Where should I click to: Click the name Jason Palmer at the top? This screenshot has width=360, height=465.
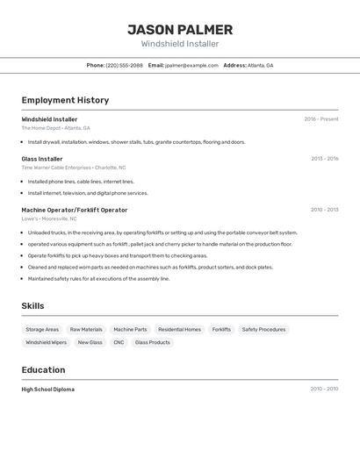[x=180, y=30]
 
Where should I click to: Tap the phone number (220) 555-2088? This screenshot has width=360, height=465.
[x=124, y=65]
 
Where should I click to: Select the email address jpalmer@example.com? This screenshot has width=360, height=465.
[x=191, y=65]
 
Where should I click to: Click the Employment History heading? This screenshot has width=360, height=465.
[x=65, y=100]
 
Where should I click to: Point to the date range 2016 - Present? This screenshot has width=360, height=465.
[x=320, y=118]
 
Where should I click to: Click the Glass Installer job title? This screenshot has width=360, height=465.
[x=42, y=159]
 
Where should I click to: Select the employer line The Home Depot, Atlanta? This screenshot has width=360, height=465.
[x=55, y=127]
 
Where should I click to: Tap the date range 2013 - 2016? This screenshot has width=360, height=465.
[x=324, y=159]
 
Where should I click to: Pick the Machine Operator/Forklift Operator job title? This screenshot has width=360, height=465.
[x=75, y=210]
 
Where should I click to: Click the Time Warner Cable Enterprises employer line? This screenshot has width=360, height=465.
[x=73, y=167]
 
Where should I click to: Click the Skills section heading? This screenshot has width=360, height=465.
[x=33, y=305]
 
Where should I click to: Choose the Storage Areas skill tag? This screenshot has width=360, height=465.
[x=42, y=330]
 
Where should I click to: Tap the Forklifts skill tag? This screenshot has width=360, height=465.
[x=221, y=330]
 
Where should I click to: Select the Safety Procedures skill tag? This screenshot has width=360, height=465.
[x=263, y=330]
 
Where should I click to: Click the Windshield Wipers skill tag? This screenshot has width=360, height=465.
[x=46, y=342]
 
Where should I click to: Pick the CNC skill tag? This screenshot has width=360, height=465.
[x=119, y=342]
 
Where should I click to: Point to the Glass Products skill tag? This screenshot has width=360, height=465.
[x=153, y=342]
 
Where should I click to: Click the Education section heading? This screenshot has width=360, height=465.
[x=43, y=370]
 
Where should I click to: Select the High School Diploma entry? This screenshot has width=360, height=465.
[x=48, y=389]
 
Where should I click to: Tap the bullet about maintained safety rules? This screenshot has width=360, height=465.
[x=98, y=278]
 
